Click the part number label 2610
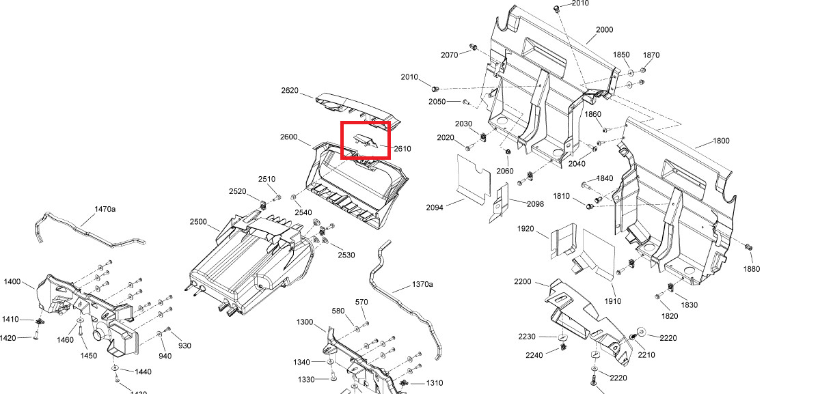402,149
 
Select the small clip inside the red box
364,141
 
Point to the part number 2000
604,30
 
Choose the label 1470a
105,209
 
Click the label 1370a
422,284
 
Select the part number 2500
198,222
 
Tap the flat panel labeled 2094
474,178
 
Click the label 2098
535,204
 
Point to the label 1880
752,269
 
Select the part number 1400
12,281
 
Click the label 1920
525,229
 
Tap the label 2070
449,55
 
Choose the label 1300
305,322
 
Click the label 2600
288,137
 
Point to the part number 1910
612,301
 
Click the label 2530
346,255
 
